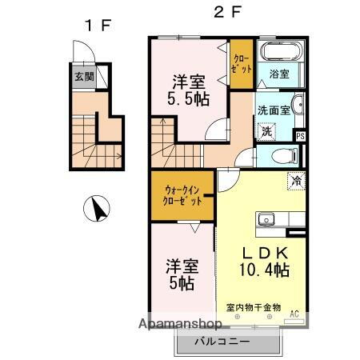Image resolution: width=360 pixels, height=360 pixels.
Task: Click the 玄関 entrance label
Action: tap(83, 77)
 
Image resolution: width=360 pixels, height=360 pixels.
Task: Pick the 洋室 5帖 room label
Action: tap(182, 273)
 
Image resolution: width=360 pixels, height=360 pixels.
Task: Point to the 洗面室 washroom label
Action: tap(273, 110)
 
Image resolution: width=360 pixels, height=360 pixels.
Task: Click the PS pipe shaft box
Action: tap(300, 136)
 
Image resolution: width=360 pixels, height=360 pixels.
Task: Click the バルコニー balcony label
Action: tap(224, 342)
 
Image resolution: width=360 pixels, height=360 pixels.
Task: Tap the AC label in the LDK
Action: tap(294, 314)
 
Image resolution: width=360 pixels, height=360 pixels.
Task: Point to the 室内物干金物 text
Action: tap(252, 307)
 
